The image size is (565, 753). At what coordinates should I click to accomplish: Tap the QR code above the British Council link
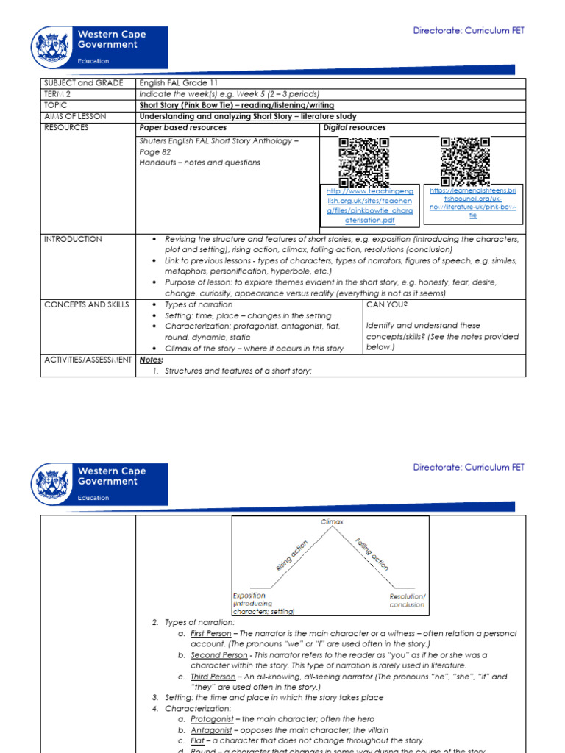tap(465, 161)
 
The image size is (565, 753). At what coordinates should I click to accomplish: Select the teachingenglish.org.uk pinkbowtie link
tap(371, 205)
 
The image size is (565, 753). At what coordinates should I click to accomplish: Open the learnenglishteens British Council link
tap(473, 203)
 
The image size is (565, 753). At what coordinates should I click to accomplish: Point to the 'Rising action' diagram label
tap(291, 554)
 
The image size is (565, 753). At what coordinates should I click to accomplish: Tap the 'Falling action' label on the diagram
tap(372, 554)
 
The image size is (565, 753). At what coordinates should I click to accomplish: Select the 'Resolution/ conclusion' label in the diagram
tap(407, 600)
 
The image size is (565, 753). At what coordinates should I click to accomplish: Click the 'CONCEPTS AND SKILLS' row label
tap(87, 304)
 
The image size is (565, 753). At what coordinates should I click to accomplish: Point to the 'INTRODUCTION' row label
tap(74, 240)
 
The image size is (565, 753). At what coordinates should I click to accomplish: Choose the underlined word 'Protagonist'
tap(213, 719)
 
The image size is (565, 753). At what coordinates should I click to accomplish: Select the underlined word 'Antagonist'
tap(213, 730)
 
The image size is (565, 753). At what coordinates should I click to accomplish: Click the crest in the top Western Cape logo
tap(51, 48)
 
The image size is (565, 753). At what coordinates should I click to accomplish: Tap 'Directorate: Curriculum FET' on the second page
tap(469, 467)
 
